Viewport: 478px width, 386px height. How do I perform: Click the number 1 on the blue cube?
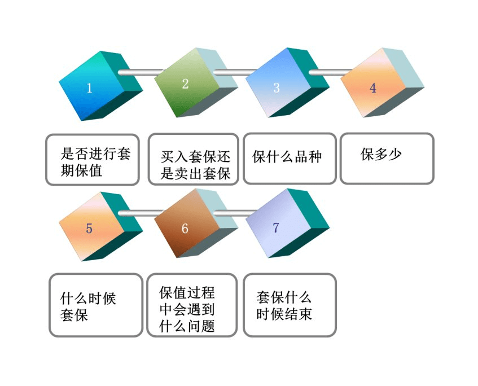coord(89,88)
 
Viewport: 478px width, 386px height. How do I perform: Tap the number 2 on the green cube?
coord(185,84)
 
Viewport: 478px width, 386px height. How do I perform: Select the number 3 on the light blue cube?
coord(277,88)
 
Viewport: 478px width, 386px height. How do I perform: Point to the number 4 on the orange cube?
coord(373,88)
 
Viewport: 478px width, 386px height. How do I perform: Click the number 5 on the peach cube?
coord(89,229)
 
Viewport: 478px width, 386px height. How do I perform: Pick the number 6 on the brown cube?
coord(185,229)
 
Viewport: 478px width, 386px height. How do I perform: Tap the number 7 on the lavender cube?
coord(276,227)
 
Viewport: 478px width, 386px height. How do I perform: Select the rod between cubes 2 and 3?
coord(236,72)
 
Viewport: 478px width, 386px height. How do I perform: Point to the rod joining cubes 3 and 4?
coord(331,72)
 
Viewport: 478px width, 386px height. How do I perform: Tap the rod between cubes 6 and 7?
coord(236,213)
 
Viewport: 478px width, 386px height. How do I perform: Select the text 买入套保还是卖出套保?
coord(195,165)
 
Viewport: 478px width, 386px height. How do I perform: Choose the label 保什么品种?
coord(287,157)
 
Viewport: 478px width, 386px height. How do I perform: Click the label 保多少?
coord(381,154)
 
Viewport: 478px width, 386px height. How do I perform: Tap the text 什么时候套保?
coord(88,306)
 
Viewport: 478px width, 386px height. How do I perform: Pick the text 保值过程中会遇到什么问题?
coord(187,309)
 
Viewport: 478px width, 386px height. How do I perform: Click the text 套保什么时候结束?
coord(284,306)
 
